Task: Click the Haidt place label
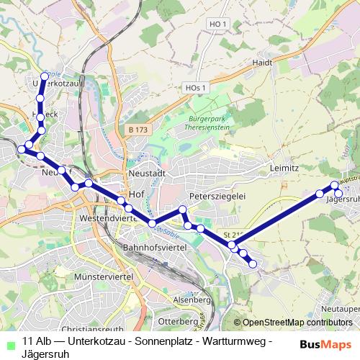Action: [x=262, y=63]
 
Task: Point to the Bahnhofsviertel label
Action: [x=156, y=247]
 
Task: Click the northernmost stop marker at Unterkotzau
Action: [x=45, y=76]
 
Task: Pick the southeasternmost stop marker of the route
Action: [x=253, y=264]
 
